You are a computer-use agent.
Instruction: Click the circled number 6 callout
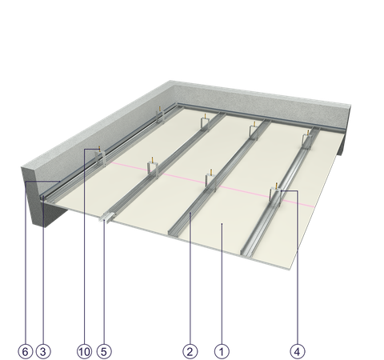click(26, 351)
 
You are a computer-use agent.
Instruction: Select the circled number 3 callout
click(43, 351)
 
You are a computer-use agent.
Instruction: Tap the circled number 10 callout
click(84, 351)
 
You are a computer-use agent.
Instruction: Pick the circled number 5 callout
click(104, 351)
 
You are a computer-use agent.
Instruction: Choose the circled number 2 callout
click(190, 351)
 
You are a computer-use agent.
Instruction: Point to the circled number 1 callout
click(222, 351)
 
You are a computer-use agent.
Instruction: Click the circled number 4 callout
click(297, 351)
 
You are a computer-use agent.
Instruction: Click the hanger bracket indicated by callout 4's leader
click(276, 195)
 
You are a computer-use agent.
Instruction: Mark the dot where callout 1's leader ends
click(222, 225)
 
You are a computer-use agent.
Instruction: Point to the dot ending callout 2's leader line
click(190, 213)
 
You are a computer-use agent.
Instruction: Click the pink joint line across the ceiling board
click(212, 184)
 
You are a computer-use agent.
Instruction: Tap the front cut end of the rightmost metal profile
click(246, 252)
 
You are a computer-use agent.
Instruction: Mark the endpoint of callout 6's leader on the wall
click(60, 182)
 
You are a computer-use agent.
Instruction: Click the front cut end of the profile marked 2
click(174, 232)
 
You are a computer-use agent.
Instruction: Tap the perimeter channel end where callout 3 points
click(43, 198)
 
